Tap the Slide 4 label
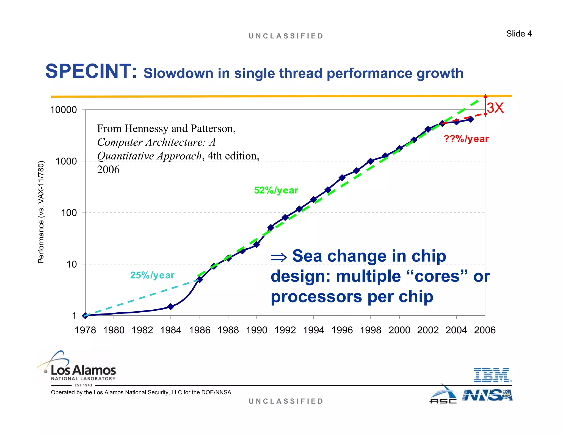pos(519,34)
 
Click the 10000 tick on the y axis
pos(64,110)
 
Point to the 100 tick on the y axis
pos(69,213)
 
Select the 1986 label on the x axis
pos(200,330)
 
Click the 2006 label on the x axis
pos(485,330)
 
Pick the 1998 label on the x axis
pos(371,330)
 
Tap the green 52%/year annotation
pos(276,190)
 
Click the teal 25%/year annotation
pos(152,275)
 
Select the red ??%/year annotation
pos(466,139)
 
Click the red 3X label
pos(495,108)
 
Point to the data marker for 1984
pos(171,307)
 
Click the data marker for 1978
pos(85,316)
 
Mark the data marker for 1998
pos(371,161)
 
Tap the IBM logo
pos(492,375)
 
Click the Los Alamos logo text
pos(83,370)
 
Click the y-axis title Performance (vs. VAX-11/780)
pos(41,212)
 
